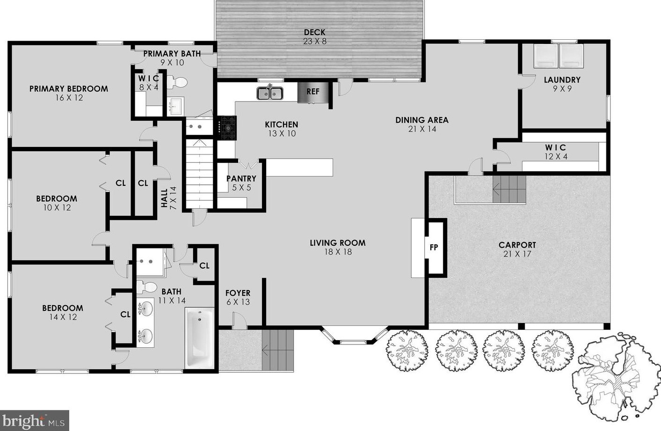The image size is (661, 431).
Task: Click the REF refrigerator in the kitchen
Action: [313, 92]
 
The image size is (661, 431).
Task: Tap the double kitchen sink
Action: [270, 93]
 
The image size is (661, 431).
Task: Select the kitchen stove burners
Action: [227, 128]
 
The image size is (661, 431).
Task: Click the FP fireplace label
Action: [434, 248]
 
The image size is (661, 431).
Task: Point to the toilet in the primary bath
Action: [177, 82]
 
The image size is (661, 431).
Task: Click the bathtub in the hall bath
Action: [199, 338]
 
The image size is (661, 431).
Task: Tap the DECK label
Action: [314, 32]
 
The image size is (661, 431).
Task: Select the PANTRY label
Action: [241, 179]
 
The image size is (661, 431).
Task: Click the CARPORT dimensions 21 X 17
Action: [517, 254]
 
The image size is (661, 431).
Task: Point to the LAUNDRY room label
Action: [562, 80]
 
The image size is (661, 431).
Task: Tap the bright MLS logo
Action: [35, 420]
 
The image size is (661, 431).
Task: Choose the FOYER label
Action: [238, 293]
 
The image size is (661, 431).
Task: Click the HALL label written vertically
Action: [164, 198]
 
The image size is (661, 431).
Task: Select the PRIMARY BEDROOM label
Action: [68, 88]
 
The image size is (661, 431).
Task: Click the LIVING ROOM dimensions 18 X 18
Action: [338, 252]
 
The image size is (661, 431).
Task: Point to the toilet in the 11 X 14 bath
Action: [147, 287]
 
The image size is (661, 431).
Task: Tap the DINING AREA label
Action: [421, 120]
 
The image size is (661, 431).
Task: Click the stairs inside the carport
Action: [509, 189]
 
